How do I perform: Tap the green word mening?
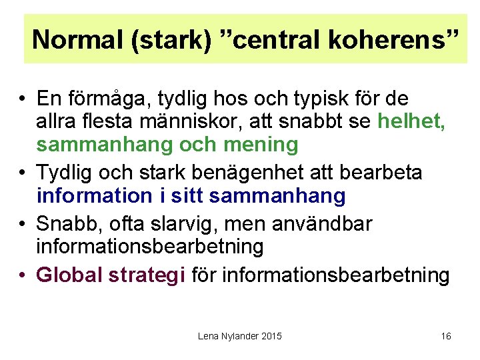coord(264,144)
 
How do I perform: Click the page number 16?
coord(446,336)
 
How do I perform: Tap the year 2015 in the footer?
coord(271,336)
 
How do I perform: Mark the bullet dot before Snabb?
coord(23,224)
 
